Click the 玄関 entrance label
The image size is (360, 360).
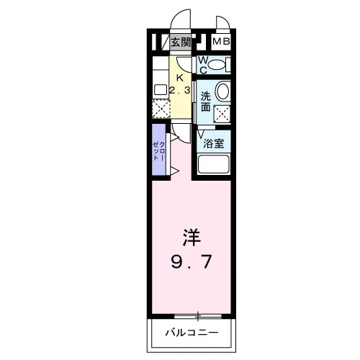pos(181,42)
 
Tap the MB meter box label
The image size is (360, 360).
pos(221,42)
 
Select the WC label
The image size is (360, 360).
pos(203,65)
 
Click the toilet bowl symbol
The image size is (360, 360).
pos(217,65)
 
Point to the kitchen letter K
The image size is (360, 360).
pos(180,78)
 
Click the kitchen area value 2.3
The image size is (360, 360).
pos(180,91)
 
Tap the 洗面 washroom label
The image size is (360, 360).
pos(206,102)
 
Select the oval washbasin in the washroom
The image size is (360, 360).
pos(223,91)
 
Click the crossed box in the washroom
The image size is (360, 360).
pos(222,114)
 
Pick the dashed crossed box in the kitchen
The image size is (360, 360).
pos(161,109)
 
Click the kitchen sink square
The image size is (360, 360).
pos(161,90)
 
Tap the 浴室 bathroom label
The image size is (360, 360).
pos(214,143)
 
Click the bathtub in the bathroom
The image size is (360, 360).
pos(213,164)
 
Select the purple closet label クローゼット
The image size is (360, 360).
pos(159,151)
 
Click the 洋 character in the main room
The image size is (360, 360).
pos(192,238)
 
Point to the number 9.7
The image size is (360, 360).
pos(192,261)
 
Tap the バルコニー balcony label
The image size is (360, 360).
pos(192,333)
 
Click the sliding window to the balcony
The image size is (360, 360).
pos(198,316)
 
